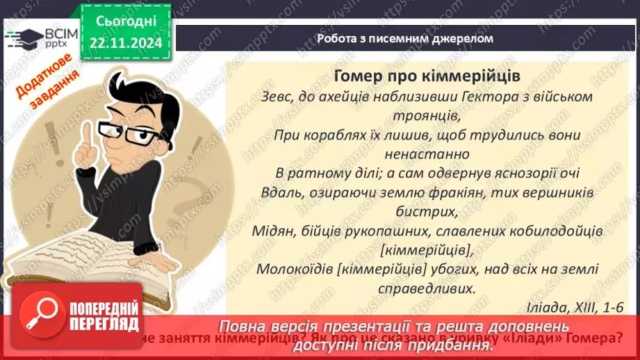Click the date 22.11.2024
coord(124,43)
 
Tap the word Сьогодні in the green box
coord(124,22)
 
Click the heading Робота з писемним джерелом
coord(404,38)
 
